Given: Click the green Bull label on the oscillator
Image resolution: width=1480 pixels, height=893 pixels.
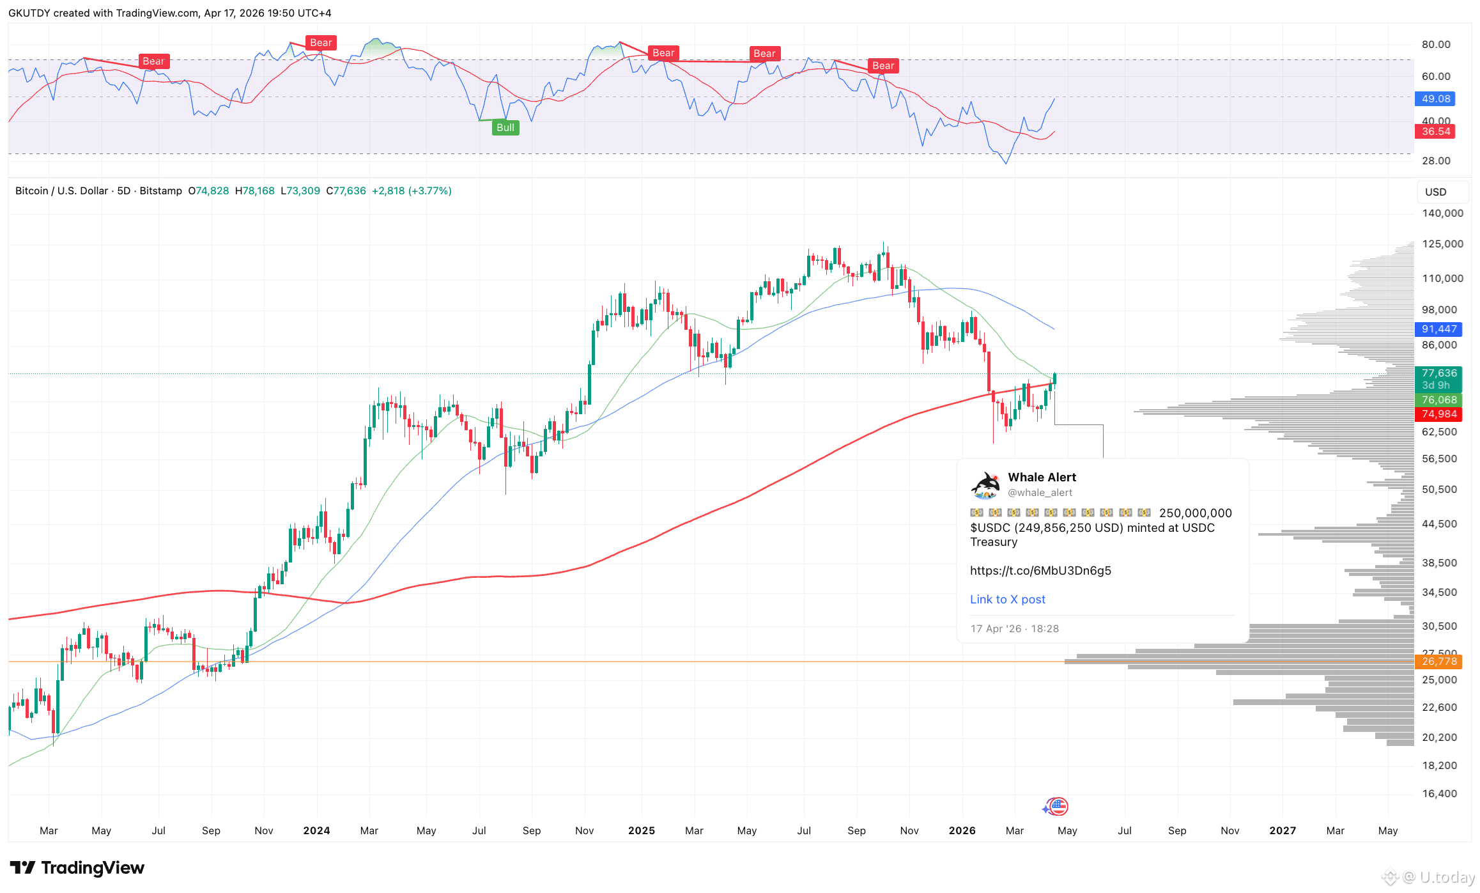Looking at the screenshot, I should (505, 127).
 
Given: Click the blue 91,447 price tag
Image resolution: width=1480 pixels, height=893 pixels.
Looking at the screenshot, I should (1438, 329).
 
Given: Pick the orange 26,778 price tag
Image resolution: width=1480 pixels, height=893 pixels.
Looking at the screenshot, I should (1438, 661).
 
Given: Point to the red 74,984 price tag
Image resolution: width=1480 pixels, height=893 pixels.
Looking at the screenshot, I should (1438, 414).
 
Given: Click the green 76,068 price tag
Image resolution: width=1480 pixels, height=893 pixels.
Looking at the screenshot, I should (1438, 400).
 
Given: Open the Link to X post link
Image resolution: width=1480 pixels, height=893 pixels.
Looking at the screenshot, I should (1007, 599).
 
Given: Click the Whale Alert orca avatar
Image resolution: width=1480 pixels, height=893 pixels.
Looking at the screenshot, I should (985, 485).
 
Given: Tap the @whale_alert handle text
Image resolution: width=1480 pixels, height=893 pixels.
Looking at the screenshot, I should (1040, 492).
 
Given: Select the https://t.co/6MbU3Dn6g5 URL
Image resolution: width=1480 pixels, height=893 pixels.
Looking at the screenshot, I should (1040, 570).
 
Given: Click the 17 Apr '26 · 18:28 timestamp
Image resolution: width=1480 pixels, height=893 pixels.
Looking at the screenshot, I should (1014, 628).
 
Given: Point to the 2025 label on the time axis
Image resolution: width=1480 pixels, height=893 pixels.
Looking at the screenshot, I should (641, 830).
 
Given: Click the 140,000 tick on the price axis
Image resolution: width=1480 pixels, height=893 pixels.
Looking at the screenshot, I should (1442, 213).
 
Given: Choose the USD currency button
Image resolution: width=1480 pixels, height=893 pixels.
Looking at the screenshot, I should (1435, 192).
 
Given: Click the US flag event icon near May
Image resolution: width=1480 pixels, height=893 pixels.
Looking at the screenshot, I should (1058, 807).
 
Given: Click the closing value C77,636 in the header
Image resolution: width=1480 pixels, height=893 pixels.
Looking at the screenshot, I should (346, 190).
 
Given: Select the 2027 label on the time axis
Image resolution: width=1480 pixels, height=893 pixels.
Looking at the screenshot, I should (1282, 830).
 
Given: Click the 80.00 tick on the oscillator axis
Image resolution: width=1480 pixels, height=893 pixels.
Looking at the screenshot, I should (1435, 44).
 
